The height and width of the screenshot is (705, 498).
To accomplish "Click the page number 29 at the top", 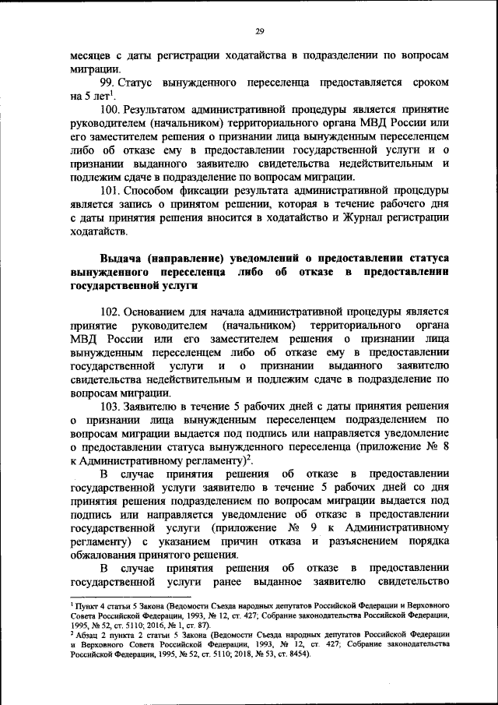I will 261,31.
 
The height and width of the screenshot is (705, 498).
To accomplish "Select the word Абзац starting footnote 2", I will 89,634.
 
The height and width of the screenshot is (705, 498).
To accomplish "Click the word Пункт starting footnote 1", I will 88,605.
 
